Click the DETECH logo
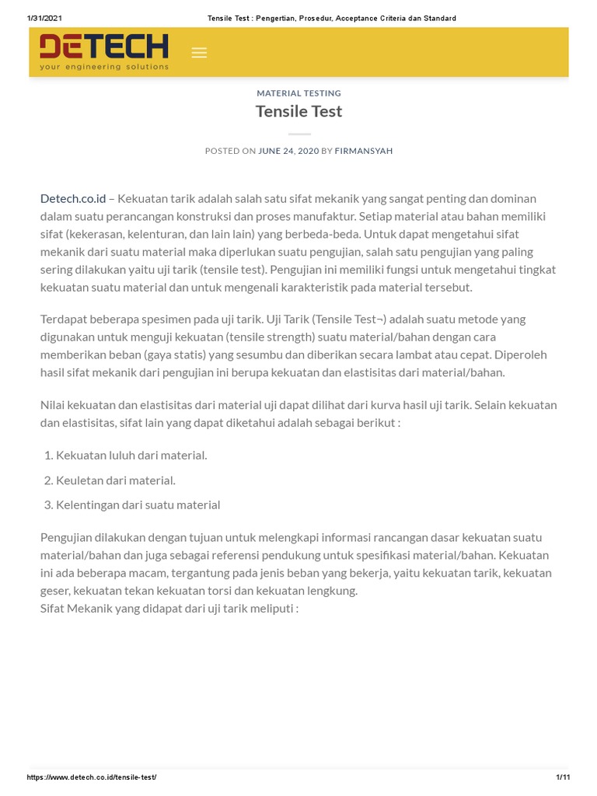[103, 48]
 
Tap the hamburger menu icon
[199, 53]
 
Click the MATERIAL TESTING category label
[298, 93]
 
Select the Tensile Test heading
[298, 111]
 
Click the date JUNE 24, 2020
[288, 151]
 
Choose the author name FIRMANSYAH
[363, 151]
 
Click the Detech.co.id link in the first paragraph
[73, 198]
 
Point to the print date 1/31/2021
[44, 18]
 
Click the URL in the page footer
[92, 777]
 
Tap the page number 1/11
[562, 777]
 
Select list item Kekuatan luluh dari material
[131, 455]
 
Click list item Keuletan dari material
[116, 480]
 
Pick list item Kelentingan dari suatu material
[138, 504]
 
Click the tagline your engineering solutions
[104, 67]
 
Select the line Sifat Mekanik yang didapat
[169, 608]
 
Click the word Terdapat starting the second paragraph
[66, 319]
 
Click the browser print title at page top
[332, 18]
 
